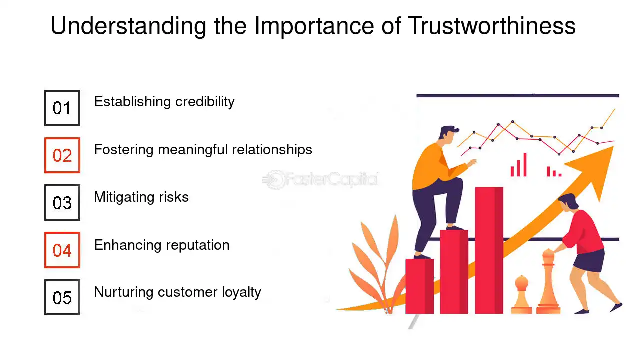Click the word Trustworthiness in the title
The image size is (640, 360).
pos(491,26)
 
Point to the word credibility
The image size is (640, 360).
pos(205,102)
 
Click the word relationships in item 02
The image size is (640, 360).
pos(272,150)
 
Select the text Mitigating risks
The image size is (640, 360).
pos(141,197)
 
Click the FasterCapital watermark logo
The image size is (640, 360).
pos(320,180)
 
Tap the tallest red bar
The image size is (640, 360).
pos(489,250)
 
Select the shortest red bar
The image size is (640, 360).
pos(419,286)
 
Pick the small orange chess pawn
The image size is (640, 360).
pos(521,294)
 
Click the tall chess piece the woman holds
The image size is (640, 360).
pos(548,281)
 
